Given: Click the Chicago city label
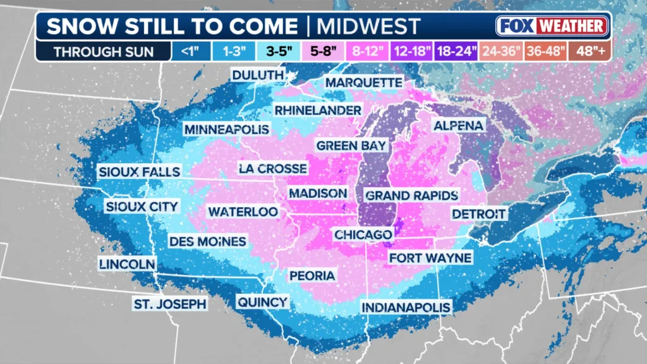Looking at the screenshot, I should coord(363,234).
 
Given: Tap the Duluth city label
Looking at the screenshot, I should coord(257,75).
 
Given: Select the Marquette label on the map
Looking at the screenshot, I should coord(363,83).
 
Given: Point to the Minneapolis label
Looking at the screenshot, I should coord(227,130).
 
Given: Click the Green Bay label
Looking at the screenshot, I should coord(351,145).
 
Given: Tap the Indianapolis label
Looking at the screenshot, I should coord(406,307).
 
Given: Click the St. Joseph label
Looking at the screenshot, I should coord(169,304).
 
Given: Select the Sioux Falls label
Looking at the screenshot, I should coord(139,171).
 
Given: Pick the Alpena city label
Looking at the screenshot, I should coord(459,126).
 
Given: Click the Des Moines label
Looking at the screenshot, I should coord(207,241).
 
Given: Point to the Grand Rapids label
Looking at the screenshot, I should coord(412,195).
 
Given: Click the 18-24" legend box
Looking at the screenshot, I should coord(455,51).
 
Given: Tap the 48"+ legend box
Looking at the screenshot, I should coord(590,51).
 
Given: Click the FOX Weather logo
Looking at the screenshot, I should coord(552,26).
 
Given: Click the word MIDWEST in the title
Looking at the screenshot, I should coord(368,27).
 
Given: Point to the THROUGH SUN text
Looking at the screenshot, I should coord(103,52).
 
